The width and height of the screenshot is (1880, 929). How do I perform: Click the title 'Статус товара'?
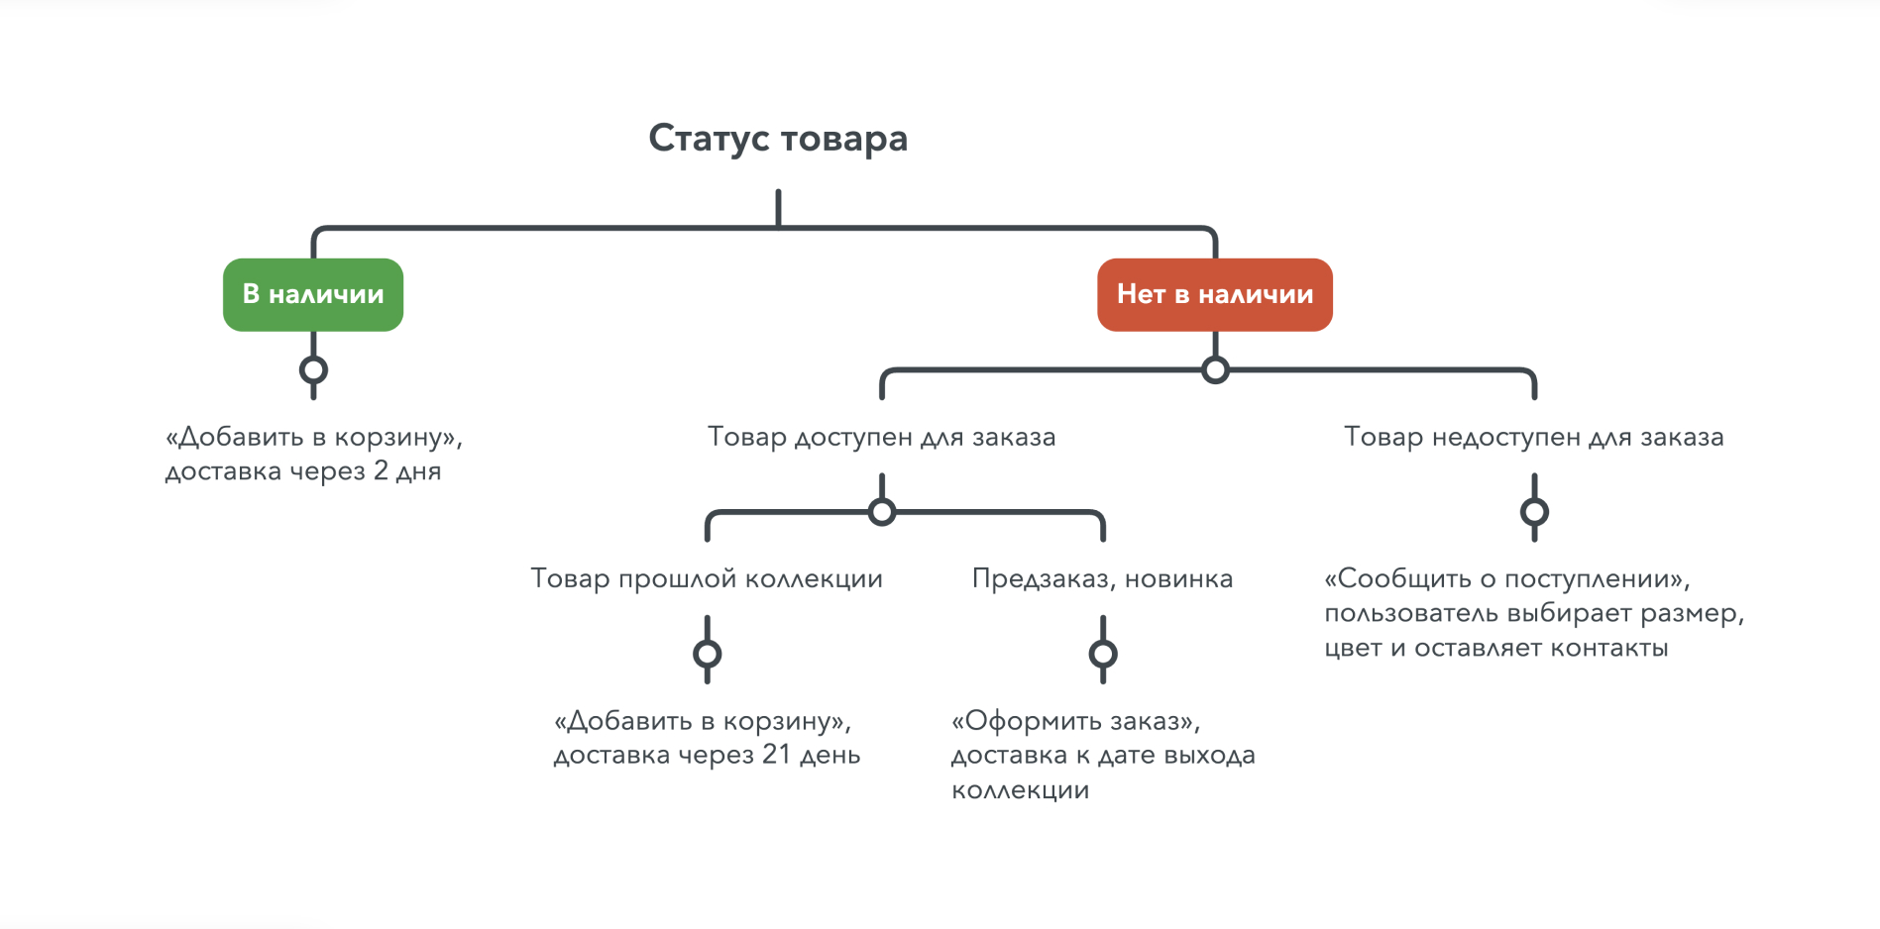pos(778,139)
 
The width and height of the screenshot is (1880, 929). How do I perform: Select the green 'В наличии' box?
pos(313,294)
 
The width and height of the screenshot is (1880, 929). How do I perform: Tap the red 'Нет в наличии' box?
pos(1214,294)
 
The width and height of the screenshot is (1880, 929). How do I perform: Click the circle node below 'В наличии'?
pos(313,370)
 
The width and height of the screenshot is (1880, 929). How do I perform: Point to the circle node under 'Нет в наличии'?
pos(1215,370)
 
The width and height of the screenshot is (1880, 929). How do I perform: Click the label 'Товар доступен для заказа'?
pos(881,437)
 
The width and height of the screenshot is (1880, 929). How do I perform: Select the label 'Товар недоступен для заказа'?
pos(1533,437)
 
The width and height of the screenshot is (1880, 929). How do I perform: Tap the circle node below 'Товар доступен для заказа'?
pos(881,512)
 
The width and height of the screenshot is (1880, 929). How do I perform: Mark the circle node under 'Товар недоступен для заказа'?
pos(1534,512)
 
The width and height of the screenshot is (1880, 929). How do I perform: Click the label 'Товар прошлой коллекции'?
pos(707,578)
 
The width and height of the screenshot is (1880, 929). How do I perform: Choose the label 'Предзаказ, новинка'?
pos(1102,578)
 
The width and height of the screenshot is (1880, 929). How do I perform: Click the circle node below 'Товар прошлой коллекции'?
pos(707,654)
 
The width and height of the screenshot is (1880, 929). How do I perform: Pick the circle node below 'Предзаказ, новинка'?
pos(1103,654)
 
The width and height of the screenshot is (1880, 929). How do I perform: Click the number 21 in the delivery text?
pos(776,755)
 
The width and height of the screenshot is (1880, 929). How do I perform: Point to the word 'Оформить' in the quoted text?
pos(1030,721)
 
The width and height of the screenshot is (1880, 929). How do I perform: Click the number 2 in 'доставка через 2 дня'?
pos(381,470)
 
